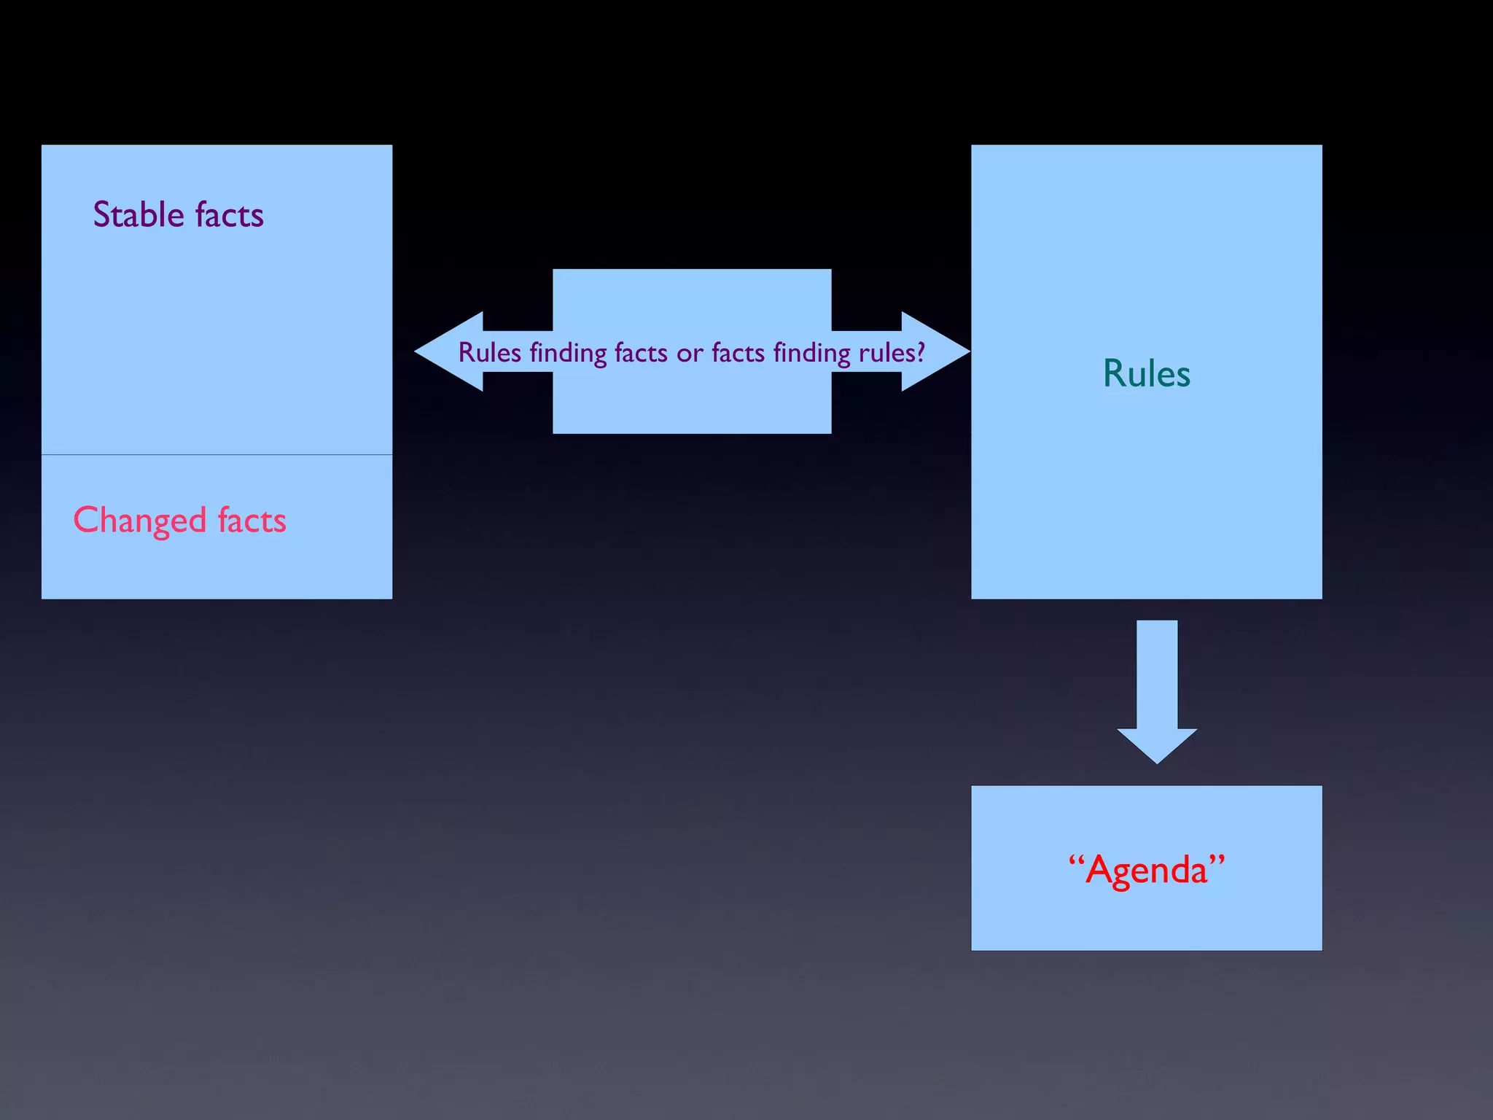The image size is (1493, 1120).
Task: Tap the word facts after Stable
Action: click(229, 215)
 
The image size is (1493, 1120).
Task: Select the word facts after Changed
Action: click(252, 521)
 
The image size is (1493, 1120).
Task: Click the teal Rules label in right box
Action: click(1146, 373)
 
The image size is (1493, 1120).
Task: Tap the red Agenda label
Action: click(1146, 869)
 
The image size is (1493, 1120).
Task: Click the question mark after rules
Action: click(921, 353)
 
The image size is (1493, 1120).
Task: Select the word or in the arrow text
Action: click(690, 354)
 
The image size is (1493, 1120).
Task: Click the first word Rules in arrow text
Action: click(489, 353)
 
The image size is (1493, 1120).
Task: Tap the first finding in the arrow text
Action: click(568, 354)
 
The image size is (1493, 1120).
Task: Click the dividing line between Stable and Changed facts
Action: click(217, 455)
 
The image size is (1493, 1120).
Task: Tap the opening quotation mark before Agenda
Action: click(1076, 860)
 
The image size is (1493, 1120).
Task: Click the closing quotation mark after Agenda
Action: click(1217, 860)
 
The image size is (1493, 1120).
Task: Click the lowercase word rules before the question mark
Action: click(886, 354)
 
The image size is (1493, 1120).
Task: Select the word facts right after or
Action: click(738, 353)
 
